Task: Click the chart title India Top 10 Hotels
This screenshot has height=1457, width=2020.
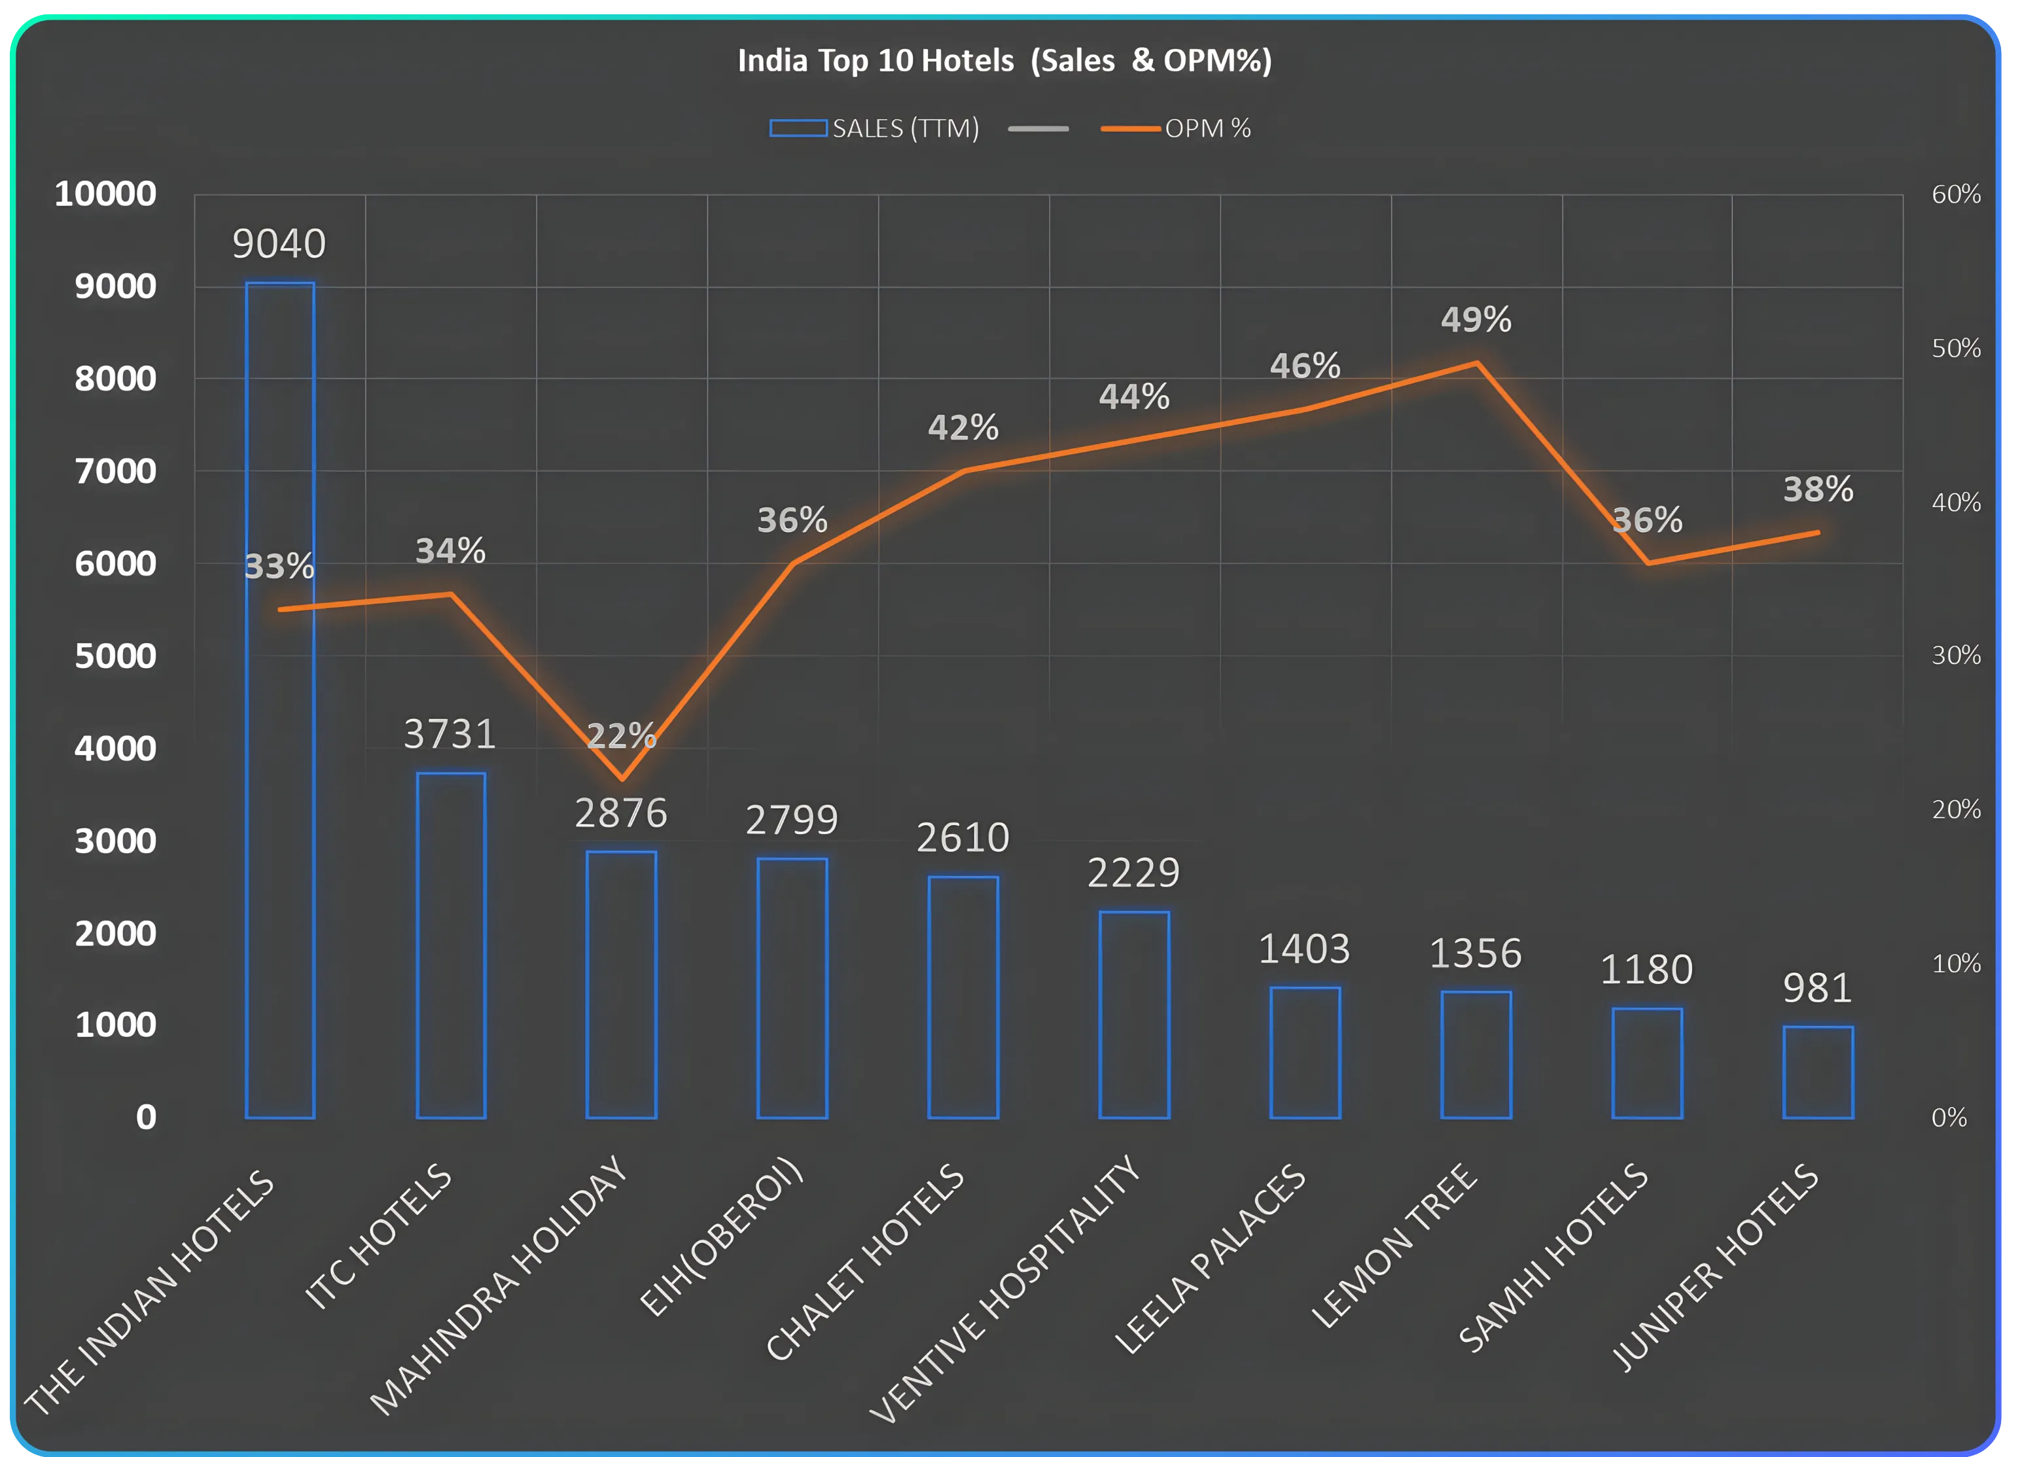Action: (1004, 61)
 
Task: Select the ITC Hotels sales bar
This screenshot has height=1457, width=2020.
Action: (451, 945)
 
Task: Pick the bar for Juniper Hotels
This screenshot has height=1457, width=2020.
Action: (1818, 1072)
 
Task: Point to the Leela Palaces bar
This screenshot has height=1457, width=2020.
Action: (1305, 1053)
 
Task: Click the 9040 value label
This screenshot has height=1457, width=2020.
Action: (279, 244)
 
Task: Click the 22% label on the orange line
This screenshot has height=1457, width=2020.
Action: (621, 735)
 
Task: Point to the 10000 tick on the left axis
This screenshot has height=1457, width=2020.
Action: (105, 194)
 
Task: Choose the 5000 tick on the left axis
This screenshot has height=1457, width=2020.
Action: (115, 656)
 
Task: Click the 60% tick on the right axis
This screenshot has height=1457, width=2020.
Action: (1956, 194)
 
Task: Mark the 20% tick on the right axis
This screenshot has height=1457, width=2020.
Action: (1956, 809)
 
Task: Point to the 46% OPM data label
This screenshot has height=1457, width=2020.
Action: (1305, 366)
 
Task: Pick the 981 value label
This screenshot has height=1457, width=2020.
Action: (1817, 988)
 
